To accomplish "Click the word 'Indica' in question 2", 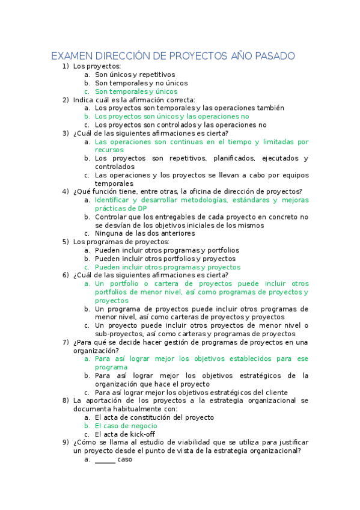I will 83,100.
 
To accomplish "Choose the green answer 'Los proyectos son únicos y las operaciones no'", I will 172,117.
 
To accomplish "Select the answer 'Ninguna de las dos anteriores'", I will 145,233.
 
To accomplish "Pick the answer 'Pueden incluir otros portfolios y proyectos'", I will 165,259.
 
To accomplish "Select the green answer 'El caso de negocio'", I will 124,425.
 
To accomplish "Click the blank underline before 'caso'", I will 105,459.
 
